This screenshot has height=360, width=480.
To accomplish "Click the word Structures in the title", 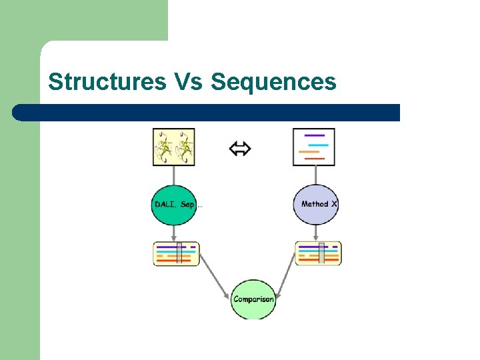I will [107, 81].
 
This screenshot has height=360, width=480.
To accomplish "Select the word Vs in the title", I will [188, 81].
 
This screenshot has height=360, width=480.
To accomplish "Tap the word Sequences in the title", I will [273, 81].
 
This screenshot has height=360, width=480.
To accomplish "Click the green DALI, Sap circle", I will [175, 204].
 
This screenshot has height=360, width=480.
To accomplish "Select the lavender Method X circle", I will [316, 204].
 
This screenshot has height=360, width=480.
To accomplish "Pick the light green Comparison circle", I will [253, 299].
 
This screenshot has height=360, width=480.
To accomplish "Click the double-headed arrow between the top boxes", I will [240, 149].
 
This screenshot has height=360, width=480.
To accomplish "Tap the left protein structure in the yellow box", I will [165, 147].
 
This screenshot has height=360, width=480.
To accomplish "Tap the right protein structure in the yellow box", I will [185, 147].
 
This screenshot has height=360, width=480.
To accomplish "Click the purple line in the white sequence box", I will [313, 136].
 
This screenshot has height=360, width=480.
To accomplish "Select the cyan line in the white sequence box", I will [318, 145].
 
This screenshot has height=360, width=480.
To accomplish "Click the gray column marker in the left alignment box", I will [179, 253].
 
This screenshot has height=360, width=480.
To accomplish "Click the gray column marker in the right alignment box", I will [321, 253].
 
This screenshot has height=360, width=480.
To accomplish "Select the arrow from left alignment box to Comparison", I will [213, 281].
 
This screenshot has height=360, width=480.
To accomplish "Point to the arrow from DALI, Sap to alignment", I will [175, 233].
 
